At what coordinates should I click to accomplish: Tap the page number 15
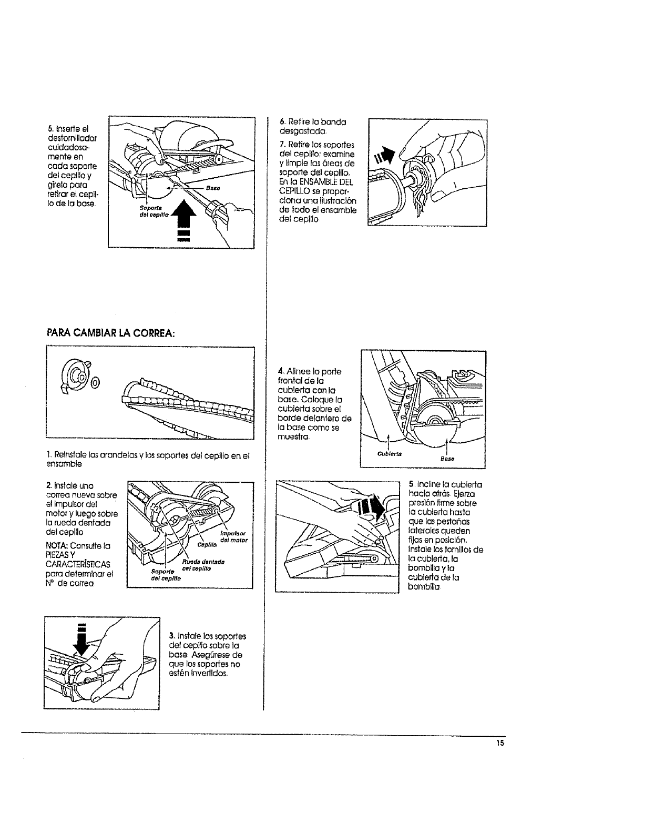click(x=499, y=743)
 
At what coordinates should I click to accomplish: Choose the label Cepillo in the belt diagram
click(x=204, y=545)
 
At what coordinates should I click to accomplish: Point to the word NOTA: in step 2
click(x=58, y=545)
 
